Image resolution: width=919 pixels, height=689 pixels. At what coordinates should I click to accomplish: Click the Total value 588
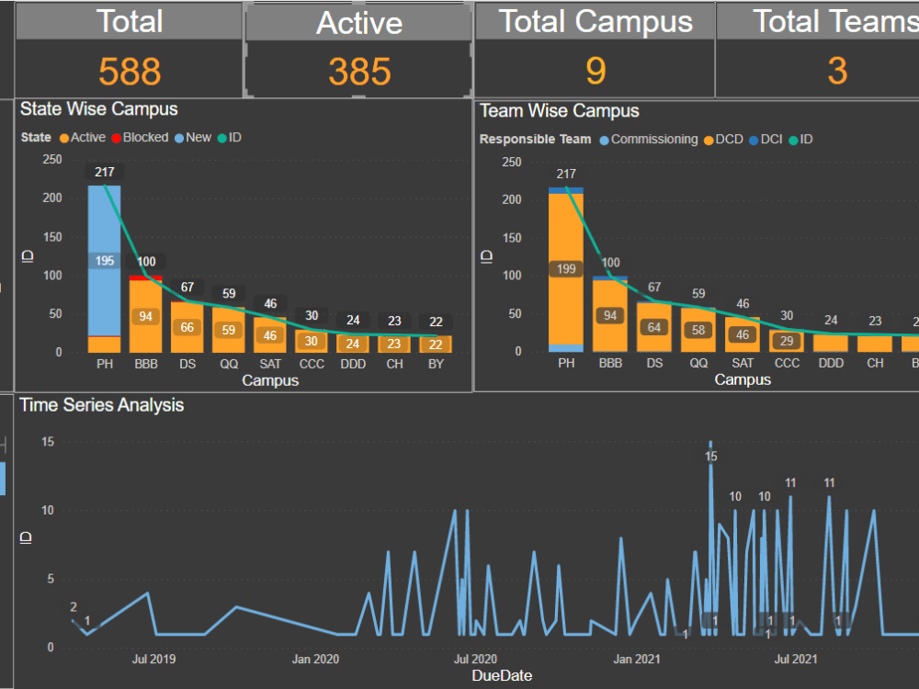(x=130, y=71)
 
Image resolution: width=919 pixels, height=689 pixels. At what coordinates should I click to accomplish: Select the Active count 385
(x=359, y=71)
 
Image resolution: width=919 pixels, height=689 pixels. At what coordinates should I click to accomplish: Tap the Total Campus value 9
(x=596, y=71)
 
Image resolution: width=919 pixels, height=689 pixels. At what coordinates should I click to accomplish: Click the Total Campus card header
(x=596, y=21)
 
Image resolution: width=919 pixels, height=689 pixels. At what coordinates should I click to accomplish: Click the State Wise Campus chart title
(x=99, y=109)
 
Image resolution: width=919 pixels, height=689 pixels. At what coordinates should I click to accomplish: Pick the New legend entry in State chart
(x=192, y=138)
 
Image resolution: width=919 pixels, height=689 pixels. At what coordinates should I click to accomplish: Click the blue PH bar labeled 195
(x=105, y=261)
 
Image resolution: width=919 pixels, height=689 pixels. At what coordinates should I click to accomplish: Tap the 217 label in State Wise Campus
(x=105, y=172)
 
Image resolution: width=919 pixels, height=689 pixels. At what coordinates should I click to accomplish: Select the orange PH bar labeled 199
(x=566, y=269)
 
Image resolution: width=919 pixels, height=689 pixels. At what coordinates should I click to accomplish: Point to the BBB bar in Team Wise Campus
(x=610, y=315)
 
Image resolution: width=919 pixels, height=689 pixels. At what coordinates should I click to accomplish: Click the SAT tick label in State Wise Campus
(x=270, y=364)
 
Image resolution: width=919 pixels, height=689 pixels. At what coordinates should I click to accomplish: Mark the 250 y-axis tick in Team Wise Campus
(x=511, y=162)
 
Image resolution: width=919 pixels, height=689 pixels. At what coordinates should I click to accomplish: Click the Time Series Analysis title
(x=102, y=405)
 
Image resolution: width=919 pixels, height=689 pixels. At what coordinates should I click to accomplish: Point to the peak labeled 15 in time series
(x=710, y=456)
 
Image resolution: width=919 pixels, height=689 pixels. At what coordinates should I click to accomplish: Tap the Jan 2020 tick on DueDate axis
(x=315, y=659)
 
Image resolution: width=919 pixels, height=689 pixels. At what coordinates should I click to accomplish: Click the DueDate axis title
(x=502, y=675)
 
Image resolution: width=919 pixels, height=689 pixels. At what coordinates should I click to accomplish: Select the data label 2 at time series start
(x=74, y=607)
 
